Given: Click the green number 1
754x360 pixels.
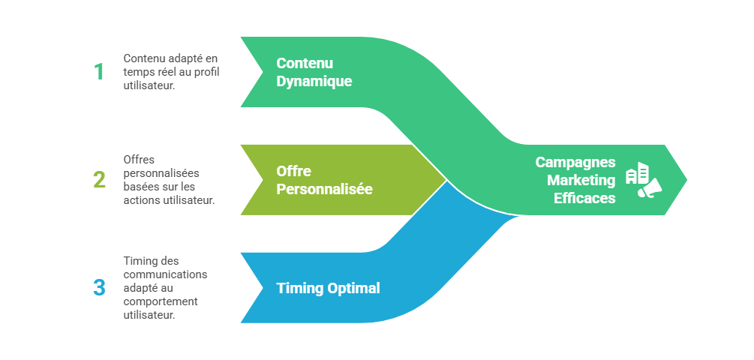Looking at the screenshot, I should click(99, 72).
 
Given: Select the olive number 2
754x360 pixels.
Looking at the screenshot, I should click(99, 180).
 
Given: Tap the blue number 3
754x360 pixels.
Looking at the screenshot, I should click(99, 287).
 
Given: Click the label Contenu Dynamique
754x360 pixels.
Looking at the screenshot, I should click(314, 72).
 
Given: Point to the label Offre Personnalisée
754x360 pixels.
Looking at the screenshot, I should click(324, 180).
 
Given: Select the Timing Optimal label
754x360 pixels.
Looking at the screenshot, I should click(328, 288).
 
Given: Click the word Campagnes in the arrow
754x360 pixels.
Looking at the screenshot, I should click(575, 163).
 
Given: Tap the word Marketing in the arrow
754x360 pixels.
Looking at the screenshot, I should click(581, 180).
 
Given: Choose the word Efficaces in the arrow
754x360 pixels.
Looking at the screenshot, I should click(584, 198).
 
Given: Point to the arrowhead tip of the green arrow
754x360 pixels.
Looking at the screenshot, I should click(686, 179).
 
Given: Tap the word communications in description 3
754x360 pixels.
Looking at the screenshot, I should click(166, 274).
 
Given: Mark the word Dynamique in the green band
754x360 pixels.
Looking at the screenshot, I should click(314, 81).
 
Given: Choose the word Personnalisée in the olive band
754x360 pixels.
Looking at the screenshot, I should click(324, 189).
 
